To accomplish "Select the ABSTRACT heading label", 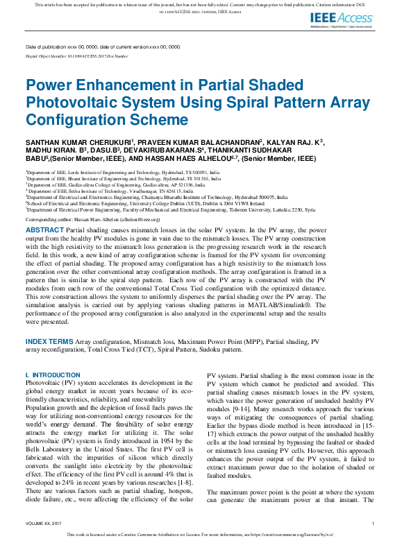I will (45, 229).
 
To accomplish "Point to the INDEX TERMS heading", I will (49, 342).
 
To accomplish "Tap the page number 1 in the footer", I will (373, 524).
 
